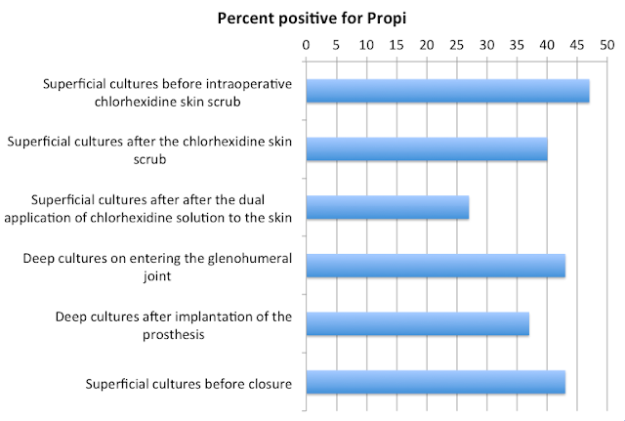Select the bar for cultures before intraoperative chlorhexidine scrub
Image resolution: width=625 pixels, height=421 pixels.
[447, 90]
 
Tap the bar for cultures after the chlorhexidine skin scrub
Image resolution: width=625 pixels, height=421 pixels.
[427, 148]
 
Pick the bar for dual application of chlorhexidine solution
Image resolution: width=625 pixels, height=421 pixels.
[388, 207]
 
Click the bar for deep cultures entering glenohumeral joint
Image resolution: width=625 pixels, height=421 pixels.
[436, 265]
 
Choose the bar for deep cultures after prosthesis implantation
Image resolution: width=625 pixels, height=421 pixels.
[418, 323]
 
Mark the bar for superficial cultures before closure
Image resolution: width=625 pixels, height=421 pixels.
[436, 382]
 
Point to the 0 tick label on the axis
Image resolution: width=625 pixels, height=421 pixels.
[307, 45]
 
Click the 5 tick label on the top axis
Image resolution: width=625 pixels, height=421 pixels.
[337, 45]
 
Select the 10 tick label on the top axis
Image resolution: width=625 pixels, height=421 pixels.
[366, 45]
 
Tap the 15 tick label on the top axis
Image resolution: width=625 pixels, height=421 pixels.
[396, 45]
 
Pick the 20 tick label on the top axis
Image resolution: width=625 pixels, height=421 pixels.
[427, 45]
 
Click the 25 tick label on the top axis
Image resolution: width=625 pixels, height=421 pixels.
[457, 45]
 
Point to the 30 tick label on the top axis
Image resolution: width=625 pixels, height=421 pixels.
[486, 45]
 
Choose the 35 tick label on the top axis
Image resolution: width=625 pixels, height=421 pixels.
[517, 45]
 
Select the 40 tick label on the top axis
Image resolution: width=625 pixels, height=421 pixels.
[547, 45]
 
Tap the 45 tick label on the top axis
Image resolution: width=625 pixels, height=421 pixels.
[576, 45]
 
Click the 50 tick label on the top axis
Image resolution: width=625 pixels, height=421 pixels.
[606, 45]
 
